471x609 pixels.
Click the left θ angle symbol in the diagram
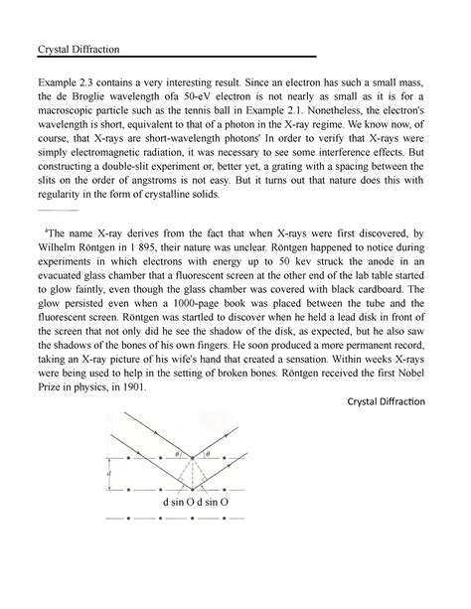(x=178, y=453)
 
